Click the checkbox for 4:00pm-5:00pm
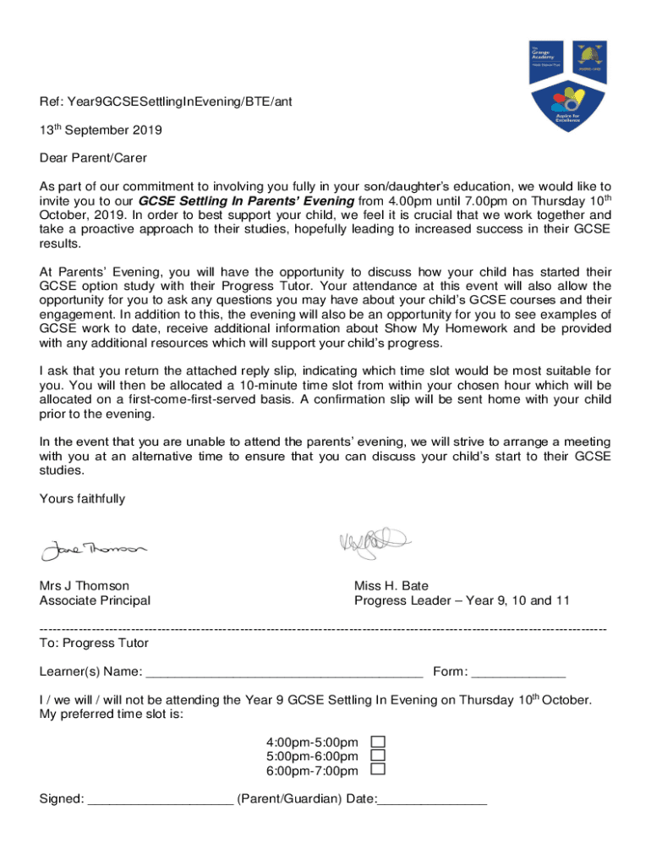tap(379, 742)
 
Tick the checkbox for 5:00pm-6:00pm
tap(379, 755)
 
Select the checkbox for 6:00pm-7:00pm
tap(379, 770)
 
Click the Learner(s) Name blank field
tap(284, 673)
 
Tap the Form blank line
tap(517, 673)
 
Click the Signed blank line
tap(160, 799)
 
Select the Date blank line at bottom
tap(432, 799)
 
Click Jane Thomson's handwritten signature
tap(93, 550)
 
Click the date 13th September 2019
tap(101, 131)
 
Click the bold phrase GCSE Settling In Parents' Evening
tap(246, 201)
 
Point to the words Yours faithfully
tap(82, 499)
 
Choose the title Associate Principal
tap(95, 600)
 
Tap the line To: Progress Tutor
tap(94, 644)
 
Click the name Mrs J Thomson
tap(85, 585)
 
